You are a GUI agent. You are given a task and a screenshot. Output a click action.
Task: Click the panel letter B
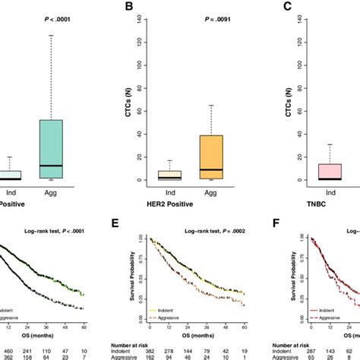129,8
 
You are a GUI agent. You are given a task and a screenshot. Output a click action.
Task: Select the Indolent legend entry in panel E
169,311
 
